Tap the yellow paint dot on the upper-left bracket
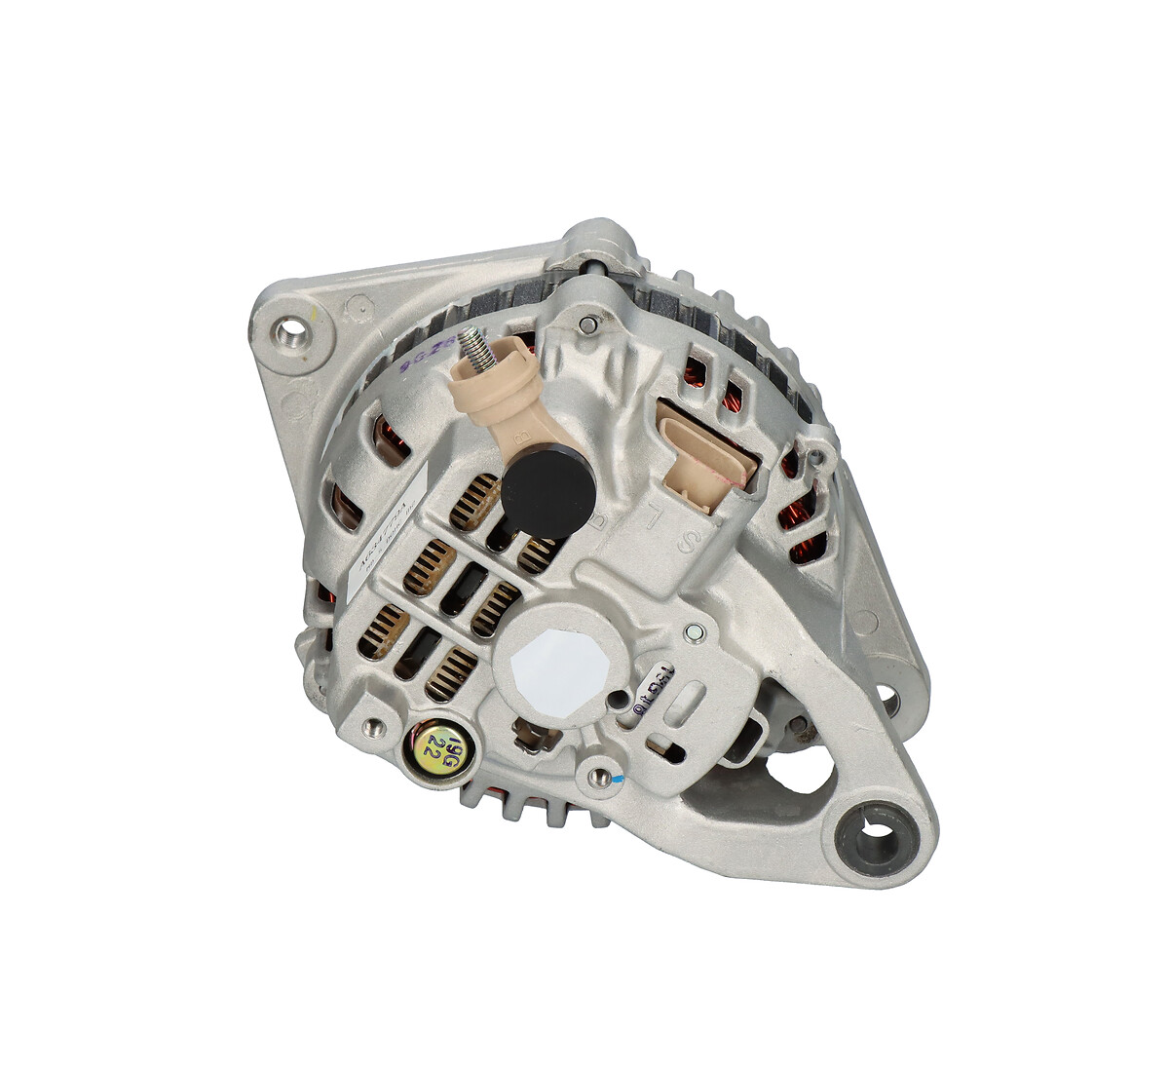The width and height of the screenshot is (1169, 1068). coord(314,315)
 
